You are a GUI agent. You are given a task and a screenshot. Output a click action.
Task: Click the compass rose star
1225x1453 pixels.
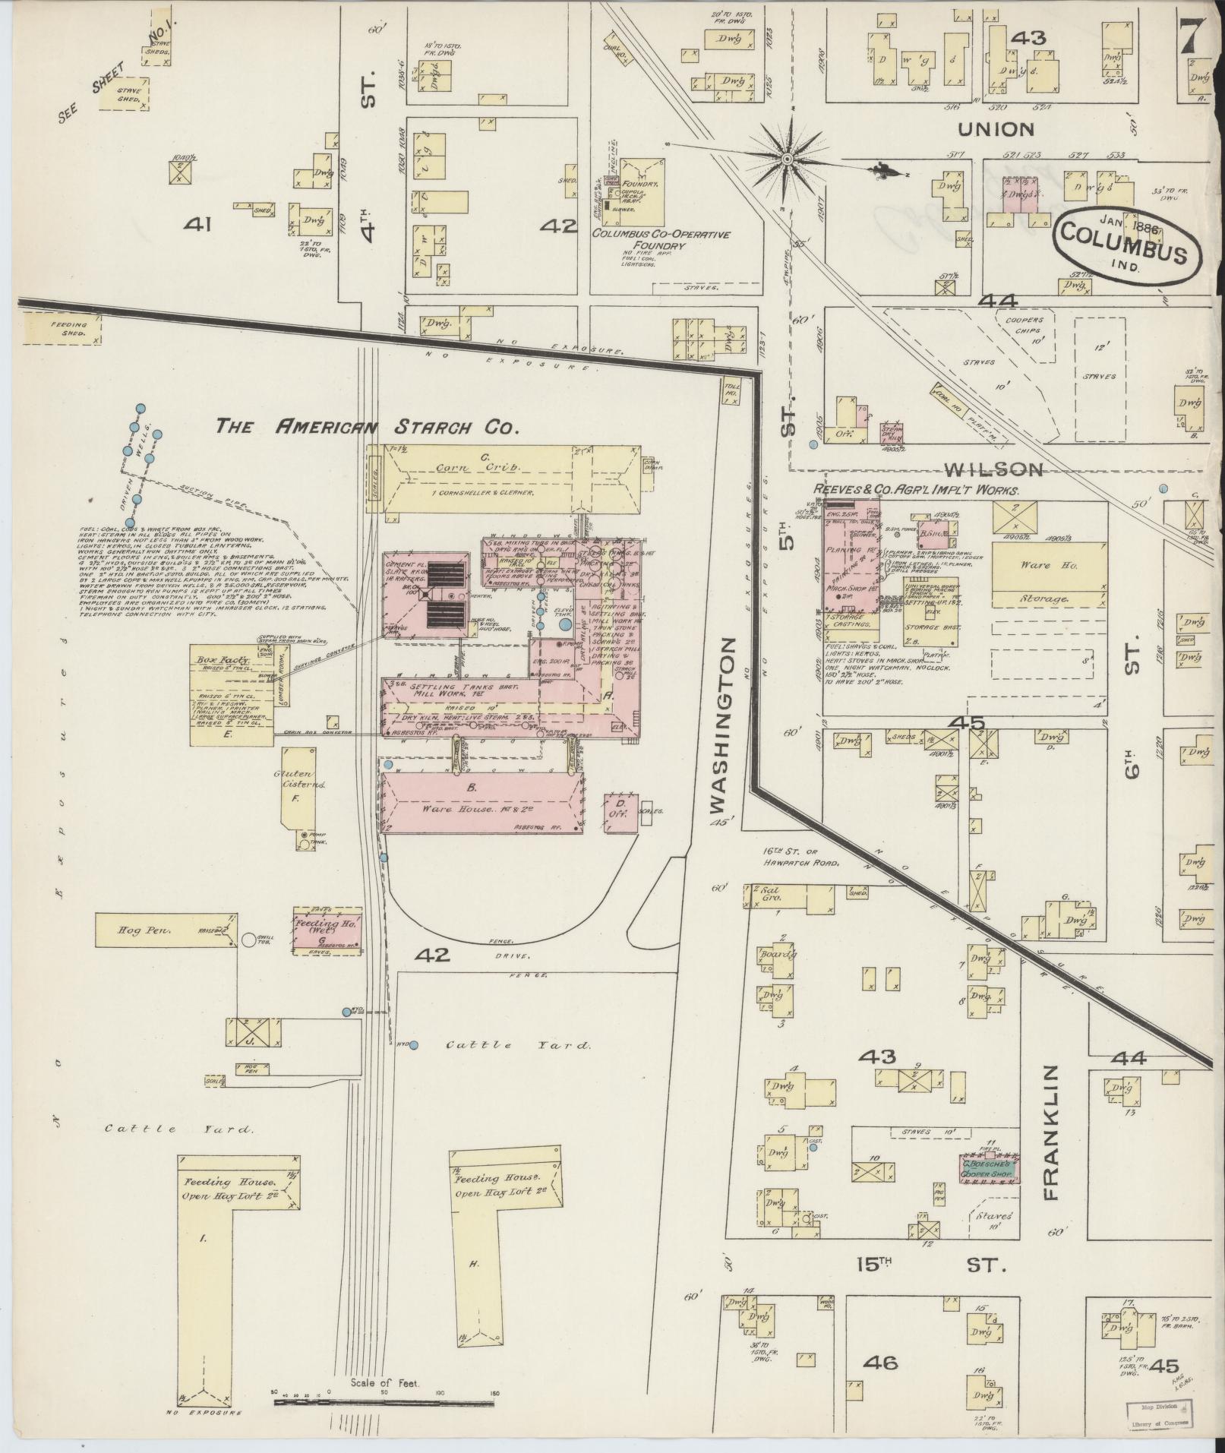(x=788, y=158)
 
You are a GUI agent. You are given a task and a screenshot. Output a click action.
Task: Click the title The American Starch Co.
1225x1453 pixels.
(x=367, y=427)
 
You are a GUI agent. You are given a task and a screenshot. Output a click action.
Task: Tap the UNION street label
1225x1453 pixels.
(x=996, y=129)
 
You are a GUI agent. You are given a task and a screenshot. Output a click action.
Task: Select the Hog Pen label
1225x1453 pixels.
(x=137, y=929)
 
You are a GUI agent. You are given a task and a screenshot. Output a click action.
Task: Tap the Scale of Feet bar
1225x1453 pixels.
(x=384, y=1397)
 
